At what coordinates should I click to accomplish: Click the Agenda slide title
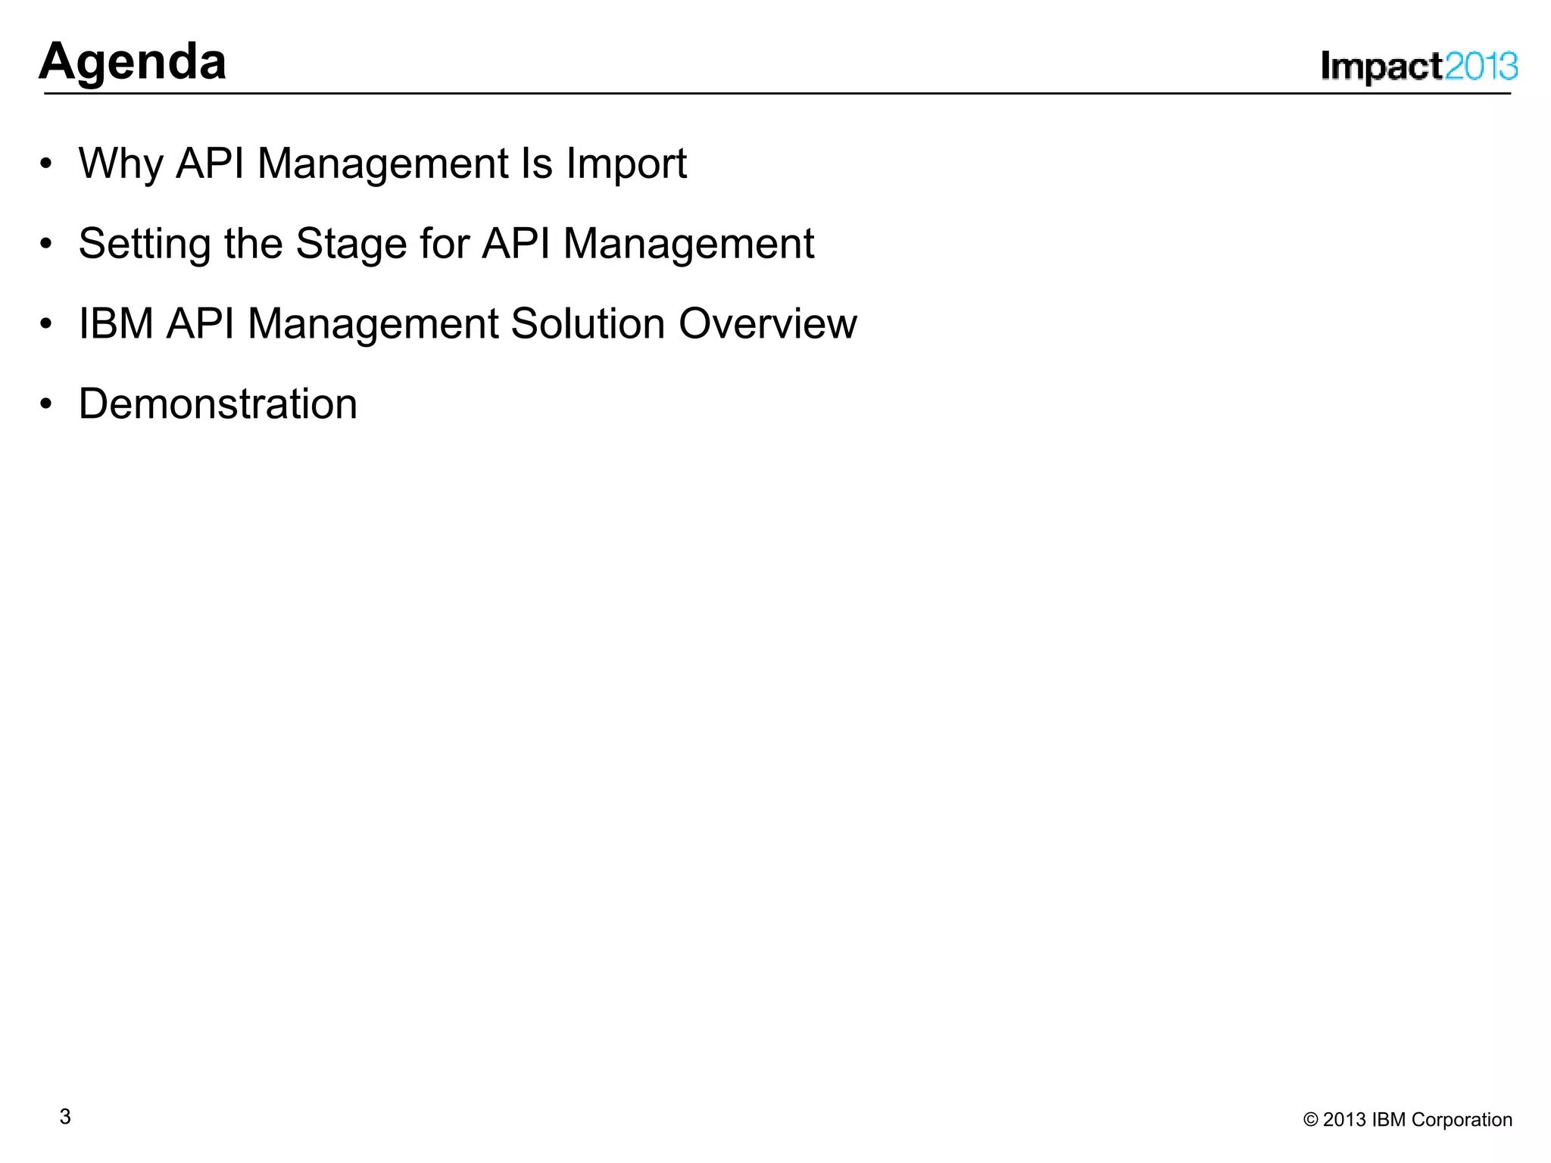click(x=133, y=61)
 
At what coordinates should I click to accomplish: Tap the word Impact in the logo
click(x=1381, y=67)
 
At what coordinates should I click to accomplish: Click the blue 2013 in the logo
click(x=1481, y=67)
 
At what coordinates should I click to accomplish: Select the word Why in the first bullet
click(x=120, y=164)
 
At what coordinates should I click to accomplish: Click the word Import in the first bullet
click(x=626, y=164)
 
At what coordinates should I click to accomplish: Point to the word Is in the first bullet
click(x=536, y=164)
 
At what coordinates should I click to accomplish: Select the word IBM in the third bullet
click(x=116, y=324)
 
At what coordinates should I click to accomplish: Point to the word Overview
click(x=767, y=324)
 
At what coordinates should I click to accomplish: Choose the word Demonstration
click(x=218, y=404)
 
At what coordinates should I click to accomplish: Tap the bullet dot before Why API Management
click(x=47, y=164)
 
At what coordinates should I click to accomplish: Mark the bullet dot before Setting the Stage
click(x=47, y=245)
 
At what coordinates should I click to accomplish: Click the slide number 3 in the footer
click(x=65, y=1117)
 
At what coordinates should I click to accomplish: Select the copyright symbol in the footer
click(x=1310, y=1120)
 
